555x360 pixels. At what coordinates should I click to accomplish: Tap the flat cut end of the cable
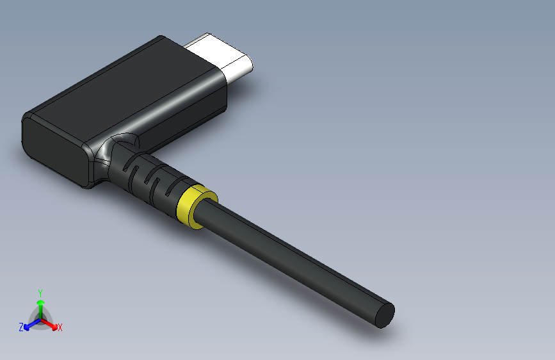pyautogui.click(x=384, y=315)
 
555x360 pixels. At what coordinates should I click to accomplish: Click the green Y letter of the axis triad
pyautogui.click(x=40, y=291)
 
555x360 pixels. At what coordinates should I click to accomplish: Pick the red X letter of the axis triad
pyautogui.click(x=60, y=328)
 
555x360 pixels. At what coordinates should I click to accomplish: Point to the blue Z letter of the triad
pyautogui.click(x=21, y=327)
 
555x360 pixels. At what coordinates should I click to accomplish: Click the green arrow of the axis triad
pyautogui.click(x=40, y=303)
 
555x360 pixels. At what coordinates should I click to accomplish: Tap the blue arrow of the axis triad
pyautogui.click(x=29, y=325)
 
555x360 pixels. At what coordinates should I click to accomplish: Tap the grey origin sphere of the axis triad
pyautogui.click(x=40, y=318)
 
